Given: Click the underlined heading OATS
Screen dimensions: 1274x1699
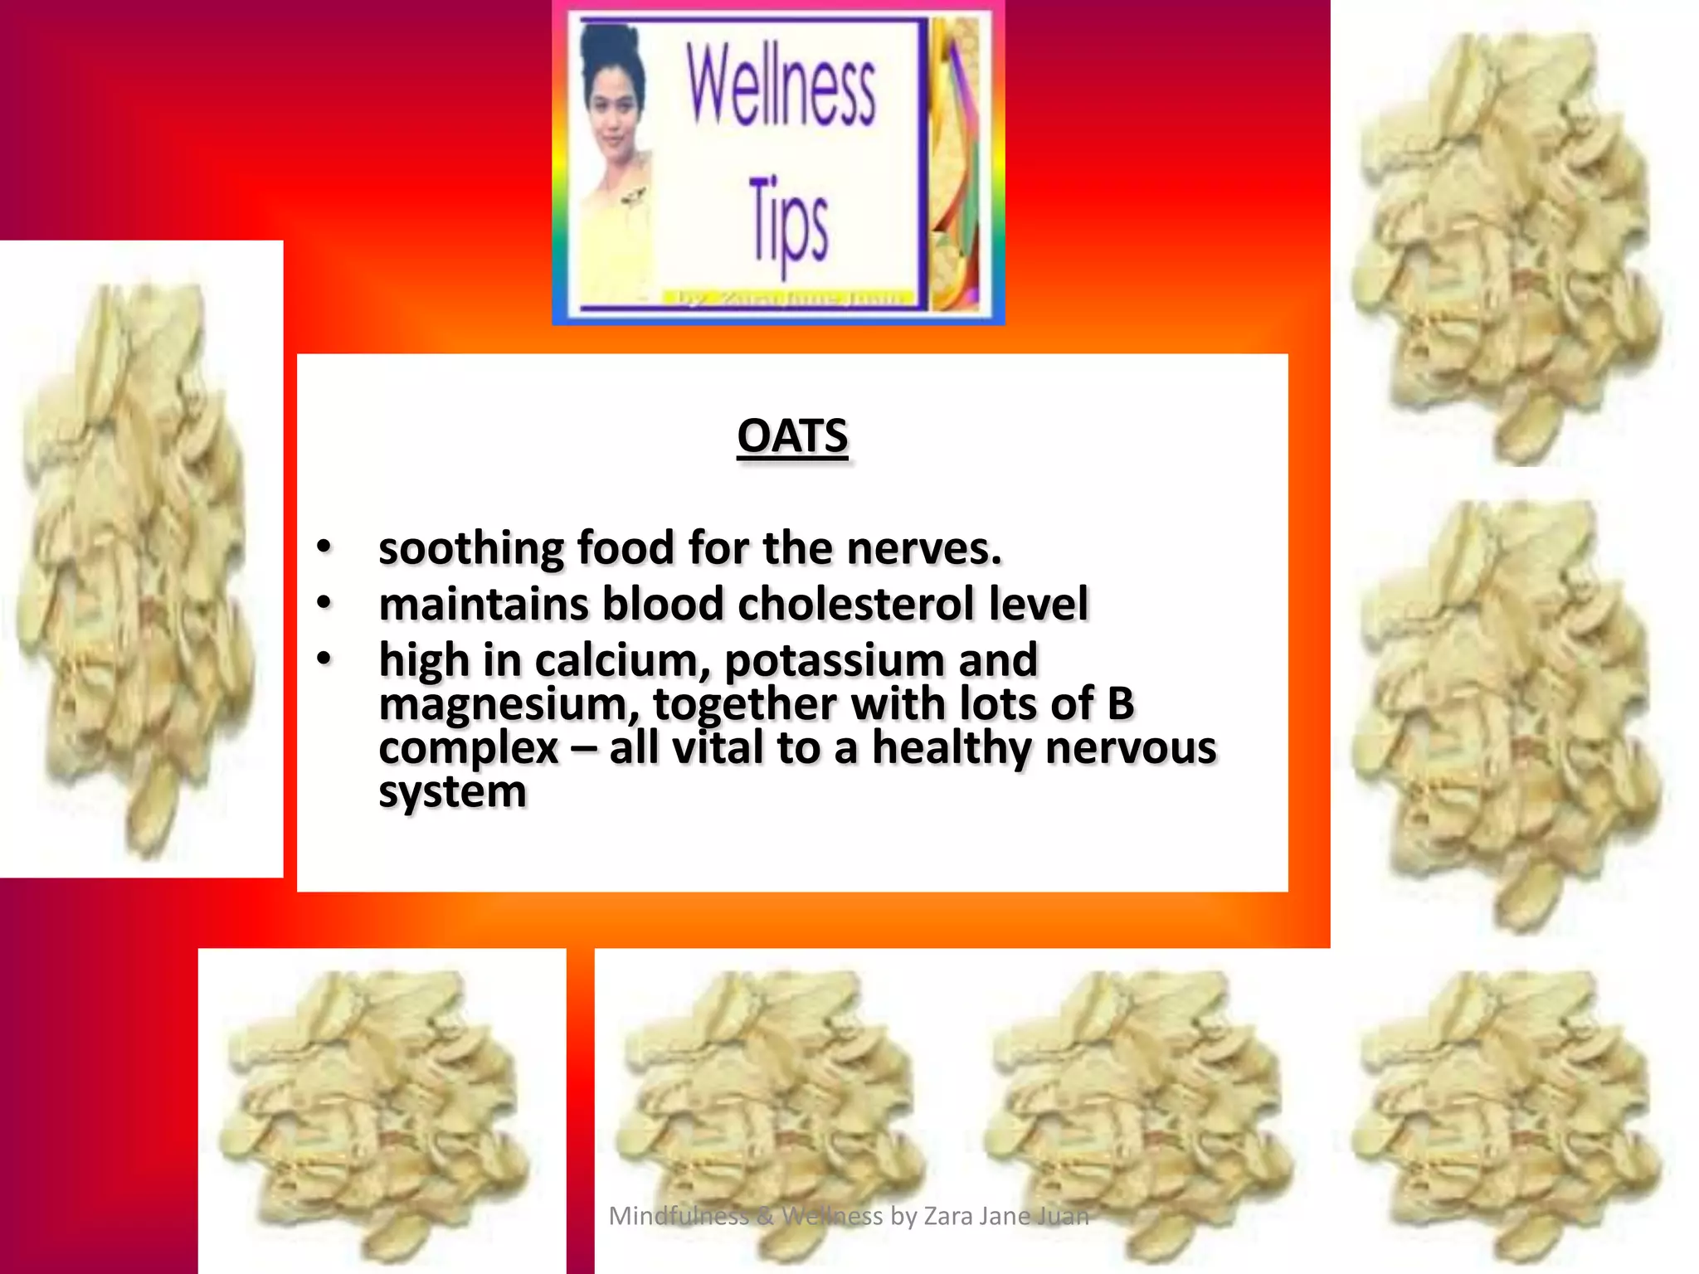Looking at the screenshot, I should click(x=792, y=437).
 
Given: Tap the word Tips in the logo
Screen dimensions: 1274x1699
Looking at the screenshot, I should click(x=788, y=224).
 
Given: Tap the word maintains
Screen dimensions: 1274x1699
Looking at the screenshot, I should click(x=484, y=604).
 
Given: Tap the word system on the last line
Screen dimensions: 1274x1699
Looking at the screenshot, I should click(x=452, y=792).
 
